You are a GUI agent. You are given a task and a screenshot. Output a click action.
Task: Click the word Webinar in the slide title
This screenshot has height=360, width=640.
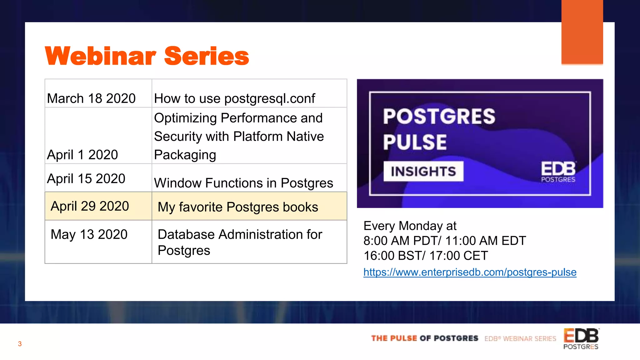coord(100,56)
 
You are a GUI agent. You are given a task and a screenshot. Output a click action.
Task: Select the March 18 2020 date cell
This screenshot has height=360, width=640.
coord(91,98)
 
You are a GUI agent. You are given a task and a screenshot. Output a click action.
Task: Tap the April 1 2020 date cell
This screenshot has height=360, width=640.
coord(82,155)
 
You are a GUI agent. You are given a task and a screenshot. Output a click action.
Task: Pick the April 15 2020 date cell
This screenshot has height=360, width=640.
coord(86,179)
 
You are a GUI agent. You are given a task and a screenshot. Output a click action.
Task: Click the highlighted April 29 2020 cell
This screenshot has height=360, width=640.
coord(90,206)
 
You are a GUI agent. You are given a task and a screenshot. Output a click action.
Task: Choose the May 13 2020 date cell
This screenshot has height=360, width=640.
coord(89,234)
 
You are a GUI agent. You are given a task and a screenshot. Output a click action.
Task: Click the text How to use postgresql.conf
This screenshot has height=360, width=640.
coord(234,98)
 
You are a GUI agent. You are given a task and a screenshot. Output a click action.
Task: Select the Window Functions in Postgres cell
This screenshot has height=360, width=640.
coord(243,183)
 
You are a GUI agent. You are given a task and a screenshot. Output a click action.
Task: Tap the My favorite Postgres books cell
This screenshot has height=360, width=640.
coord(238,207)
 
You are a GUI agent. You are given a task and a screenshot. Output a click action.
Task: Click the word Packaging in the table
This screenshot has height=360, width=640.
coord(185,155)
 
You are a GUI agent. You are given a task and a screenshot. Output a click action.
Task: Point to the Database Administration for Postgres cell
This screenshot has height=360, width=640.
coord(240,242)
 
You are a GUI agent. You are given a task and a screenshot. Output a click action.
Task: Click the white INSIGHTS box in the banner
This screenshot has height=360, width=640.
coord(423,171)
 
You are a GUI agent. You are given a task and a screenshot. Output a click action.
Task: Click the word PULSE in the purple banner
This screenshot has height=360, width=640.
coord(415,142)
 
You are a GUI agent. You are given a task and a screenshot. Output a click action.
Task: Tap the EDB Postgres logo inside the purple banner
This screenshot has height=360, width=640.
coord(558,172)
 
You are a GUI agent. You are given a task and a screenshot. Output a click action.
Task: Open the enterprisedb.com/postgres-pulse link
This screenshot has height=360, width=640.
coord(470,272)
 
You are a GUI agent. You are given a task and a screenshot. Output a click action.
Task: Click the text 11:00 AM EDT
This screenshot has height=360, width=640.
coord(486,241)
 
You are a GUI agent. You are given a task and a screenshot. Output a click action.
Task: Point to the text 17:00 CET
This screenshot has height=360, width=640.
coord(458,256)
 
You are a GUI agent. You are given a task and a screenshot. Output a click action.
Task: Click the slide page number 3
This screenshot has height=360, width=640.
coord(20,344)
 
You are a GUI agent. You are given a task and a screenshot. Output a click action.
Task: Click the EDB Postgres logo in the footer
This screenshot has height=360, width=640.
coord(581,339)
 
